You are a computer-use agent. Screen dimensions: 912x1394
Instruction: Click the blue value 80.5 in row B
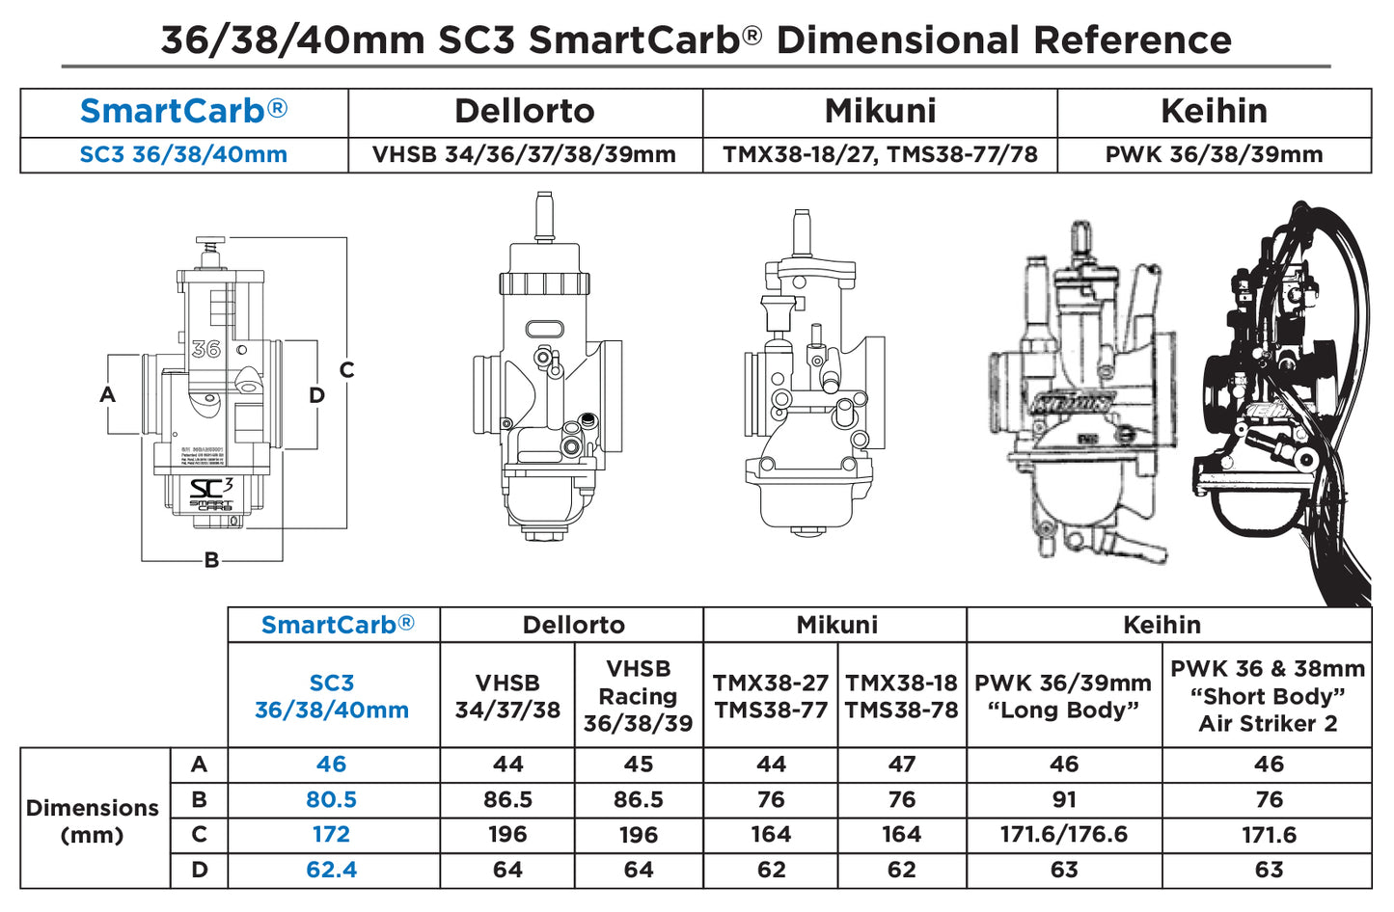[x=331, y=800]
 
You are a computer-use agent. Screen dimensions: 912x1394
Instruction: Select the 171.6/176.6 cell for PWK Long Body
[x=1063, y=835]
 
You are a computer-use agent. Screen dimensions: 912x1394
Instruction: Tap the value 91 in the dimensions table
[x=1063, y=800]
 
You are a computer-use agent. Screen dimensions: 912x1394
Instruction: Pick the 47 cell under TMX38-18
[x=901, y=764]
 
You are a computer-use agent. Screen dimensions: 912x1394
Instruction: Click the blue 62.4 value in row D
[x=331, y=870]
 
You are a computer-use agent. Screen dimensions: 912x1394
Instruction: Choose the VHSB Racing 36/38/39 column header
[x=638, y=696]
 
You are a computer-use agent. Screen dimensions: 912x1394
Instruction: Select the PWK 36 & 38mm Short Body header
[x=1267, y=696]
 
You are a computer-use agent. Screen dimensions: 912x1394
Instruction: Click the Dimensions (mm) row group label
[x=93, y=820]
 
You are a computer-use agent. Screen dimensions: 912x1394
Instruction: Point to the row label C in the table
[x=199, y=835]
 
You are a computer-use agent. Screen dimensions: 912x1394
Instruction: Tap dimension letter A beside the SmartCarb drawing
[x=107, y=394]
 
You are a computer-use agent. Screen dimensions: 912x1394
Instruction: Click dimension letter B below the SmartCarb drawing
[x=211, y=560]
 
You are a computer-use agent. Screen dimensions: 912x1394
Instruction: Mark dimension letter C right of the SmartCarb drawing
[x=346, y=370]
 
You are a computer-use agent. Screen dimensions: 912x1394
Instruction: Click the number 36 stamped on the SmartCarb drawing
[x=205, y=349]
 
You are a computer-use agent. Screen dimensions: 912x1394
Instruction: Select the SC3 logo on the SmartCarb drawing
[x=211, y=489]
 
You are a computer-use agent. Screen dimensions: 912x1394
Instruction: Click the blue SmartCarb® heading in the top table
[x=183, y=112]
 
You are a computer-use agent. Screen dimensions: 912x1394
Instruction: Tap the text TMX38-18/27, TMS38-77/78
[x=880, y=155]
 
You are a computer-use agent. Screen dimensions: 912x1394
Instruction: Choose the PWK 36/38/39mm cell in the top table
[x=1214, y=155]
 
